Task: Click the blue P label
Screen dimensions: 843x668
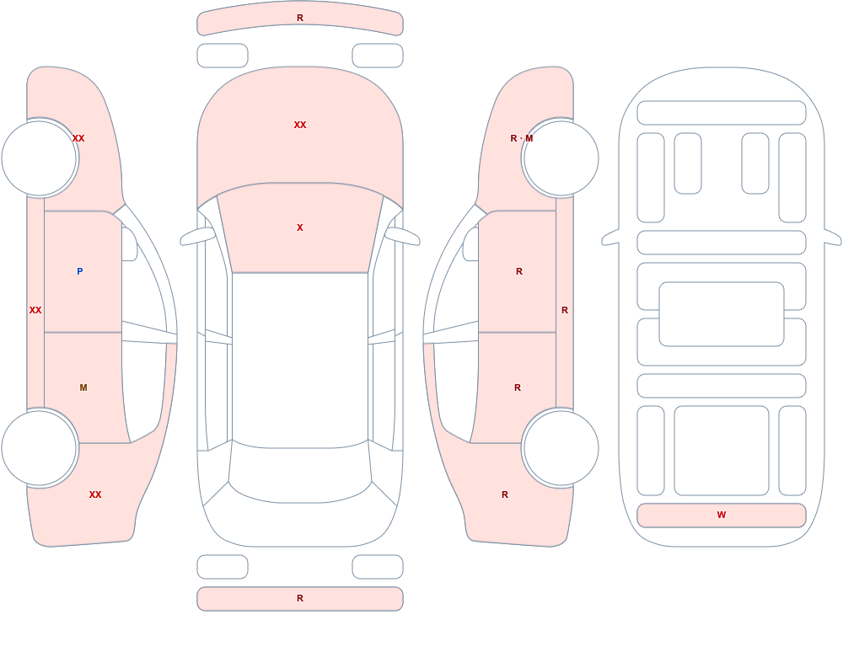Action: pos(79,271)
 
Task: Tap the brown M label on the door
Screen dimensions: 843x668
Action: pos(83,387)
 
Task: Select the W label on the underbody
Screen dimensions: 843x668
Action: pos(722,515)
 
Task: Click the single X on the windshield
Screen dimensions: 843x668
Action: pos(300,227)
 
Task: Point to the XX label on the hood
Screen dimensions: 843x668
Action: pos(300,125)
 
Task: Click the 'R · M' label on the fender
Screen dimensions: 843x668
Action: pos(522,138)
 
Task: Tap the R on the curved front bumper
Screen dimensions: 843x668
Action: pos(300,18)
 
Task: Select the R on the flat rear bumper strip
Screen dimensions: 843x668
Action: pos(300,598)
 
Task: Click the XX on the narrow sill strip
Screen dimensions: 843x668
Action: pos(35,310)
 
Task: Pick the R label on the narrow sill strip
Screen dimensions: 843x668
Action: pos(565,310)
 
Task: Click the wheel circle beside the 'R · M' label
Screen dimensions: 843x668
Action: pos(561,158)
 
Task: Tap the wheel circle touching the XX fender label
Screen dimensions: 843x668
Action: pos(40,158)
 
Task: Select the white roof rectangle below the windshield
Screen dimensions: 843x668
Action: pos(300,359)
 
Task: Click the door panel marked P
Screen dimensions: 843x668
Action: pos(83,271)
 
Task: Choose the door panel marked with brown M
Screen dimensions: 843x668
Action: pos(86,387)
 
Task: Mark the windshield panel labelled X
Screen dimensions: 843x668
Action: pos(300,231)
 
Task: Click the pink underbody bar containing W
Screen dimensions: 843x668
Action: pos(722,516)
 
